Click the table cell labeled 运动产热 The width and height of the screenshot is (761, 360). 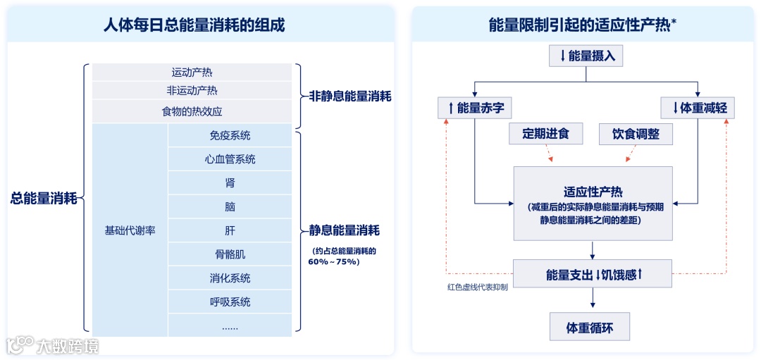pyautogui.click(x=192, y=72)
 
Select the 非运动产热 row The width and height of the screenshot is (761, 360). pyautogui.click(x=192, y=90)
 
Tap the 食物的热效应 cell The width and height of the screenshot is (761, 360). pyautogui.click(x=192, y=111)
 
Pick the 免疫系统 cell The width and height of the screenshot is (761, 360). pyautogui.click(x=230, y=135)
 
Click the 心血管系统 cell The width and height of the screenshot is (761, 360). pyautogui.click(x=230, y=159)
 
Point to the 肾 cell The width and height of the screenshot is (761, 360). pyautogui.click(x=230, y=183)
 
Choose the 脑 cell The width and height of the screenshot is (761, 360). pyautogui.click(x=230, y=207)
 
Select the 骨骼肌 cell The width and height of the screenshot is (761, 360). pyautogui.click(x=230, y=254)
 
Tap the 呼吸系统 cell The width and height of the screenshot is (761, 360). pyautogui.click(x=230, y=302)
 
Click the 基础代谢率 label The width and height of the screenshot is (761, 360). pyautogui.click(x=130, y=230)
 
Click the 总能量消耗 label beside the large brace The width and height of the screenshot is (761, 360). pyautogui.click(x=44, y=199)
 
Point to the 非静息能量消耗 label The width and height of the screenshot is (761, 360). pyautogui.click(x=350, y=97)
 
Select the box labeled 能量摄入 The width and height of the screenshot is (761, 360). pyautogui.click(x=587, y=56)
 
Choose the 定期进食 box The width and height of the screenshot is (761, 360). pyautogui.click(x=545, y=134)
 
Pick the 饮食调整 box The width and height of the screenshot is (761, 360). pyautogui.click(x=636, y=134)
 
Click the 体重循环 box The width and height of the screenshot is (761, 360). pyautogui.click(x=590, y=328)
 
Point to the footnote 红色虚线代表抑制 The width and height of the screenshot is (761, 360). pyautogui.click(x=477, y=287)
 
